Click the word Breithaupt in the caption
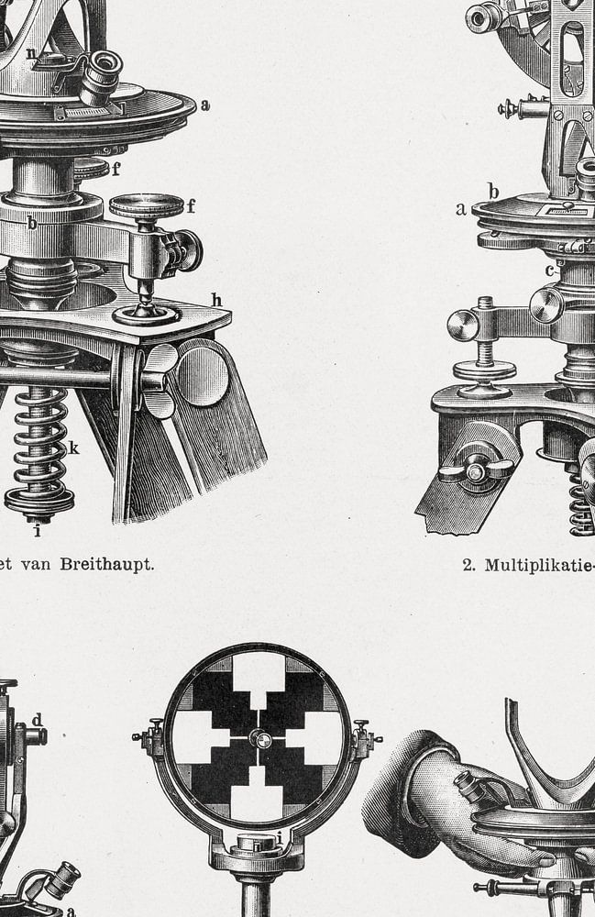(x=107, y=564)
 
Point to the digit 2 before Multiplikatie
(x=468, y=565)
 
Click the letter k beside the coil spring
(x=73, y=448)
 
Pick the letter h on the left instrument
(x=217, y=300)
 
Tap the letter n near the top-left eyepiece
(x=31, y=54)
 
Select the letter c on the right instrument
(x=549, y=271)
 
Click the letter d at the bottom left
(x=37, y=719)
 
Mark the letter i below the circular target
(x=280, y=839)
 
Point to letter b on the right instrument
(x=494, y=192)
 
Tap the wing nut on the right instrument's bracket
(x=476, y=470)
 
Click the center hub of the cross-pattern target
(x=259, y=738)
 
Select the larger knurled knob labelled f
(x=146, y=206)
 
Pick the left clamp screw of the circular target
(x=149, y=737)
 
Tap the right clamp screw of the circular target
(x=367, y=738)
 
